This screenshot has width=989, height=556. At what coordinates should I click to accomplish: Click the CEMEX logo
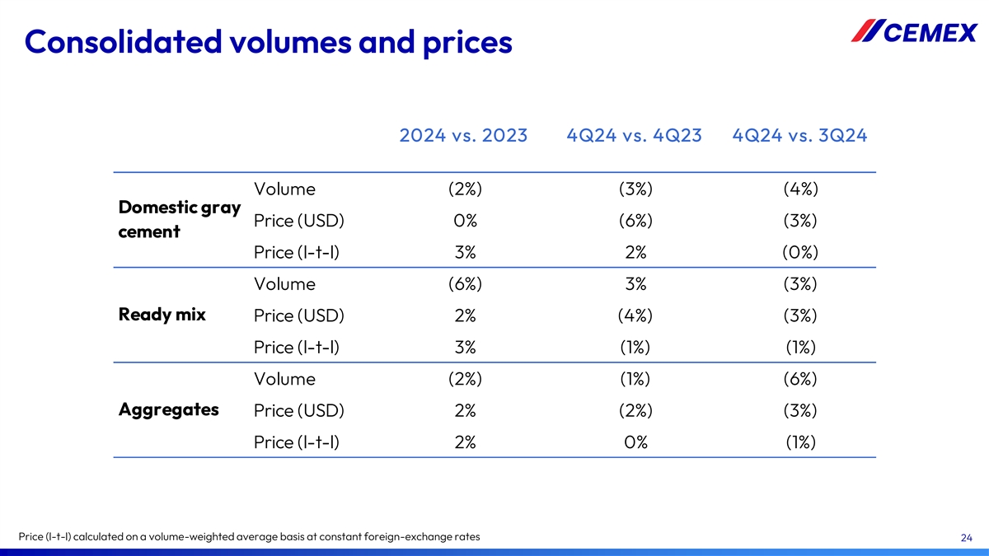[x=914, y=32]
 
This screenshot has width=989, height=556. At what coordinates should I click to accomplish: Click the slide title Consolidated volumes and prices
[x=269, y=41]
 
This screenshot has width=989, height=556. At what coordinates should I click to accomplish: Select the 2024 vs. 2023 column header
[x=463, y=136]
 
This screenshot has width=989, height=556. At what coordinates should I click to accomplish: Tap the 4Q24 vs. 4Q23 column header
[x=635, y=136]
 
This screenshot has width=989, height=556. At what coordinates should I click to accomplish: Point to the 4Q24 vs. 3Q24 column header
[x=799, y=136]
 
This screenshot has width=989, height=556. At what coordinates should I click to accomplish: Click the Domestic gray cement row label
[x=180, y=218]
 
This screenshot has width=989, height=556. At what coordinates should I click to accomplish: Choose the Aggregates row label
[x=169, y=409]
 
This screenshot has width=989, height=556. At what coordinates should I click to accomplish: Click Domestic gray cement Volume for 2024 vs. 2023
[x=465, y=189]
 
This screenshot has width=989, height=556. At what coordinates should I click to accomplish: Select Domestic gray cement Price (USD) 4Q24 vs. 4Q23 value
[x=635, y=221]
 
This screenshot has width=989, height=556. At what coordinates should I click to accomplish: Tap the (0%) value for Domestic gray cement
[x=800, y=252]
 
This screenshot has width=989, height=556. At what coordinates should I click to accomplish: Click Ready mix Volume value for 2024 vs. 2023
[x=465, y=284]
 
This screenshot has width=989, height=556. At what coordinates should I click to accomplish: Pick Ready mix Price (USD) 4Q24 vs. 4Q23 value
[x=635, y=315]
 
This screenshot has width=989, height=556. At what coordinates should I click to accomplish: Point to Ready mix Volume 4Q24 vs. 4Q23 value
[x=635, y=284]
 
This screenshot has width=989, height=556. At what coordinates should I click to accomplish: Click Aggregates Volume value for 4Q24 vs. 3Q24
[x=800, y=379]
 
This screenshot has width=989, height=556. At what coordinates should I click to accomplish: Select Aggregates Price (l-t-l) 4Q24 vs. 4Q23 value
[x=635, y=442]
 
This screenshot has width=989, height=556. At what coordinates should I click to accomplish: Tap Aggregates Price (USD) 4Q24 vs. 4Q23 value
[x=635, y=410]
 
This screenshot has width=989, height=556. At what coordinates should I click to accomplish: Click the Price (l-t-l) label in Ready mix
[x=298, y=348]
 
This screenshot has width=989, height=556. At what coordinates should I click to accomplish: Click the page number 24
[x=967, y=538]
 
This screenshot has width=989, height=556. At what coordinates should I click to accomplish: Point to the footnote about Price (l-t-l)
[x=250, y=538]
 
